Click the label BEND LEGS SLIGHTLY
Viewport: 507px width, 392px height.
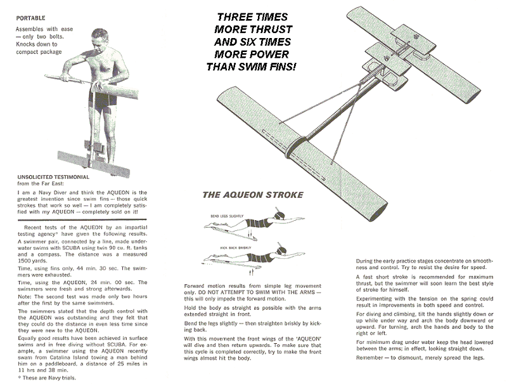[224, 216]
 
